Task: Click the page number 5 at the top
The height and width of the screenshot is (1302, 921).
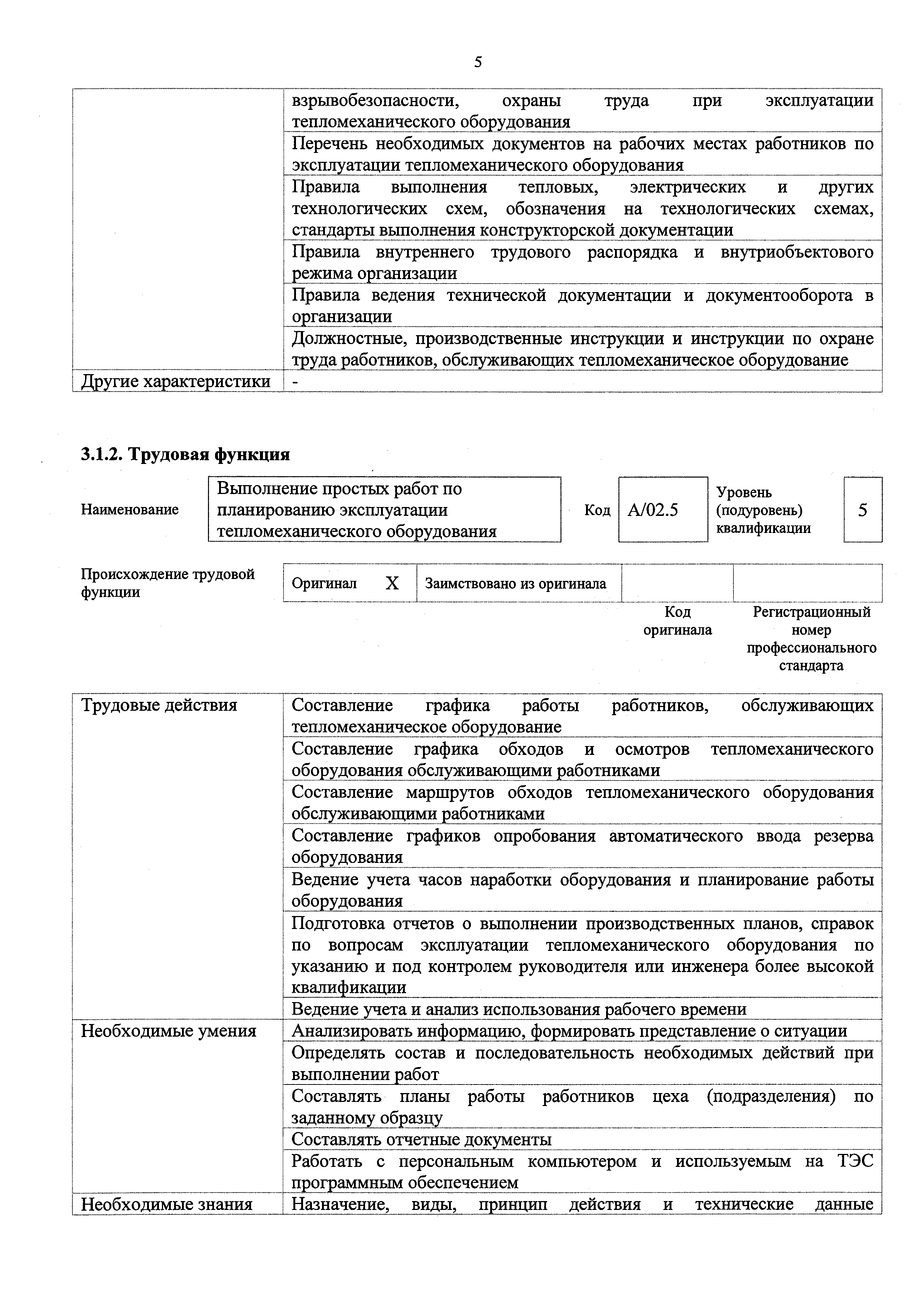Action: pyautogui.click(x=478, y=62)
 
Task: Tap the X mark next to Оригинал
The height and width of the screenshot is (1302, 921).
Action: pyautogui.click(x=392, y=583)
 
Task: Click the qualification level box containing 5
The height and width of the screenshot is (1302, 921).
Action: pyautogui.click(x=863, y=510)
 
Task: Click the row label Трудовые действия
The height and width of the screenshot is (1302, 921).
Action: pyautogui.click(x=159, y=706)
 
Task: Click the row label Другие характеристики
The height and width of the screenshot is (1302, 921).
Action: pyautogui.click(x=176, y=382)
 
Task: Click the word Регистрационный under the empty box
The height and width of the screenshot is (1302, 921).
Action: pyautogui.click(x=811, y=612)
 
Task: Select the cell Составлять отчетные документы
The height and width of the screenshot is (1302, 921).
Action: pyautogui.click(x=421, y=1139)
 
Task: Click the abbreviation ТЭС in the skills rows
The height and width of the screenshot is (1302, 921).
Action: pyautogui.click(x=855, y=1161)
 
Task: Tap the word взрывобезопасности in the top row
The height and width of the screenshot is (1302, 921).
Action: pyautogui.click(x=375, y=101)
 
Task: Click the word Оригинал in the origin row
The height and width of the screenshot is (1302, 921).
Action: pyautogui.click(x=324, y=583)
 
